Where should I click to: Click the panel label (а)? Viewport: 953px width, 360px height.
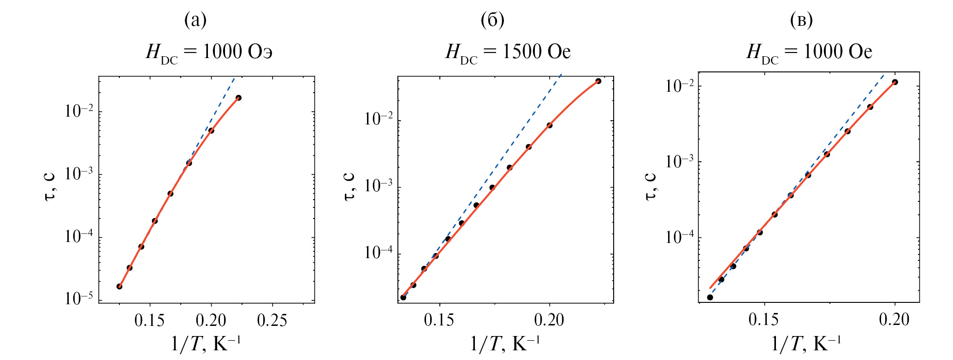click(x=195, y=20)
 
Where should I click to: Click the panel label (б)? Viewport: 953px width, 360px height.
click(x=492, y=20)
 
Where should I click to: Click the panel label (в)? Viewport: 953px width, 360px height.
click(x=801, y=20)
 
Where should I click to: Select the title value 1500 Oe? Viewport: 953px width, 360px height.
click(x=536, y=52)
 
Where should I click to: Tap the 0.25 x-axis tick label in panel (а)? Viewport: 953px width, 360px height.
click(x=272, y=320)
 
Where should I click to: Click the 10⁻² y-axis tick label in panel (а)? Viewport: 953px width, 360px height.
click(x=79, y=111)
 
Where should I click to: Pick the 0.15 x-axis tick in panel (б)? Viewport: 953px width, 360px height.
click(x=439, y=320)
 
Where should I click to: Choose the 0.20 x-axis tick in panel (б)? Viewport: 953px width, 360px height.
click(x=549, y=320)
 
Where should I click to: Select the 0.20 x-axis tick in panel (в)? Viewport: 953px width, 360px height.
click(x=894, y=319)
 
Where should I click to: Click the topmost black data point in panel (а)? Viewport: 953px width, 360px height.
click(x=238, y=98)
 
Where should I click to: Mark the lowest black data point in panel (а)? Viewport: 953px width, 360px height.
click(x=119, y=286)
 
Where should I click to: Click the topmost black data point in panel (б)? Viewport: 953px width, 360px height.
click(x=598, y=81)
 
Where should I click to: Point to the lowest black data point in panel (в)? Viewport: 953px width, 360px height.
click(x=710, y=297)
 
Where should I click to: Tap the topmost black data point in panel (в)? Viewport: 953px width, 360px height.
click(x=895, y=82)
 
